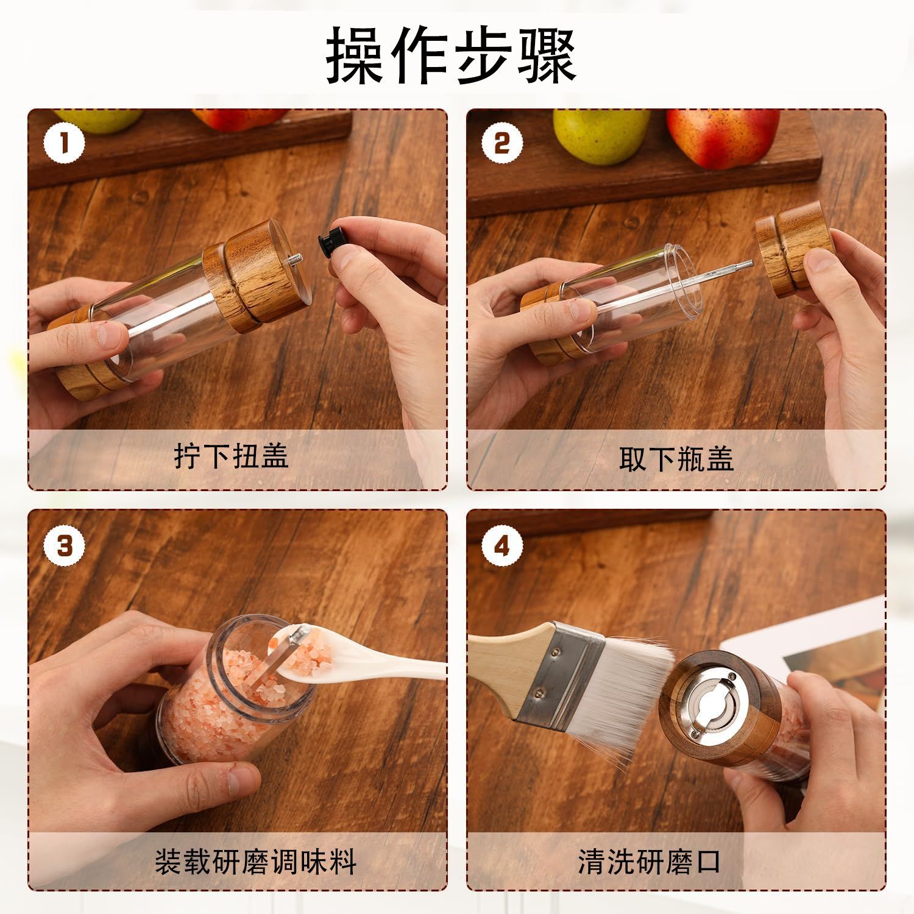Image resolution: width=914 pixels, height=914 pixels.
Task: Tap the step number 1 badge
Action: [64, 144]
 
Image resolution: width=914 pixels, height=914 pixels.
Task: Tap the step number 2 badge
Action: [502, 144]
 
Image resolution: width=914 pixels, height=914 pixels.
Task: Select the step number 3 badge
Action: [64, 545]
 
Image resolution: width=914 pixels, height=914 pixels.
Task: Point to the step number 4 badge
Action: [502, 545]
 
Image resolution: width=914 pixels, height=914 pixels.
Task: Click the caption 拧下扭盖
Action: [232, 456]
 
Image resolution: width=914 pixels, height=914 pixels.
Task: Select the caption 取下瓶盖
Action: [676, 458]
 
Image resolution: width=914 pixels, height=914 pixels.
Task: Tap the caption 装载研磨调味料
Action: [255, 862]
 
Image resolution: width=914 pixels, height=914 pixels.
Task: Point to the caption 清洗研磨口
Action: [650, 862]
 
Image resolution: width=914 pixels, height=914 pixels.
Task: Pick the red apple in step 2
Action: [723, 136]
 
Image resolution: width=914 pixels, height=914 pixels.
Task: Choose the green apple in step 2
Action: [600, 135]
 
